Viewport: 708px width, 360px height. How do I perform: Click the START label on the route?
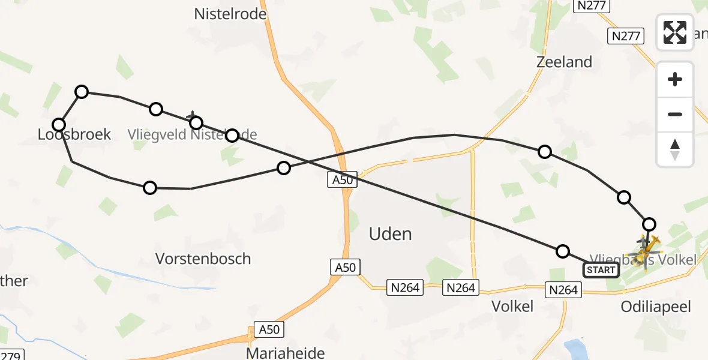click(601, 270)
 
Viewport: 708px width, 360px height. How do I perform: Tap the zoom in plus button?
click(675, 79)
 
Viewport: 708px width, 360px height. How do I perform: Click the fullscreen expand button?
click(675, 32)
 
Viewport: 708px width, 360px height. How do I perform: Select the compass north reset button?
click(675, 149)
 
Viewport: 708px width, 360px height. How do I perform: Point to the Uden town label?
click(391, 234)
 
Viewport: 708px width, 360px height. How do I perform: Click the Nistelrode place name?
click(230, 14)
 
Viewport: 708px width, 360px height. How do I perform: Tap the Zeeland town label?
click(564, 62)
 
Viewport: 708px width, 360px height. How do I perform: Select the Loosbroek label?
click(74, 134)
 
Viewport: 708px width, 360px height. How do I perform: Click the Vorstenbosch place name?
click(203, 259)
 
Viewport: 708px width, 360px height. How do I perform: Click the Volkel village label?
click(512, 306)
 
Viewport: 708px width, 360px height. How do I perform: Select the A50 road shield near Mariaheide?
click(269, 329)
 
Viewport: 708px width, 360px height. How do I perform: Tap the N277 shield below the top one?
click(626, 36)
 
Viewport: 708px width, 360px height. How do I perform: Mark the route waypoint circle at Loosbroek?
click(59, 125)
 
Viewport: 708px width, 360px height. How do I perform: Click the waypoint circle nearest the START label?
click(562, 251)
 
